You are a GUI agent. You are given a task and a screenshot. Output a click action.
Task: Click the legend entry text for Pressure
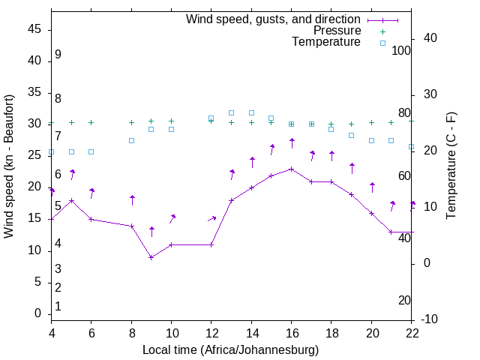337,31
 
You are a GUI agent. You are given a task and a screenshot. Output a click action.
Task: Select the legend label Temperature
326,42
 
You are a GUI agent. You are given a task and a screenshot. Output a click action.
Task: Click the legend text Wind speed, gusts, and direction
274,19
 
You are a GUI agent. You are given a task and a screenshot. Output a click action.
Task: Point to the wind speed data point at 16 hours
292,169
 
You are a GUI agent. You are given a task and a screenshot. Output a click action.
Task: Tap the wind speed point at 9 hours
151,257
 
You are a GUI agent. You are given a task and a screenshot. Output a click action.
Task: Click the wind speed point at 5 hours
72,200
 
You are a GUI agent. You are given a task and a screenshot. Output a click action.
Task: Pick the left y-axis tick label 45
35,29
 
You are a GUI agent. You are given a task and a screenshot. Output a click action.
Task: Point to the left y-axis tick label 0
38,313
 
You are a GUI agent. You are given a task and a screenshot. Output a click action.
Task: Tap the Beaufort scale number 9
58,55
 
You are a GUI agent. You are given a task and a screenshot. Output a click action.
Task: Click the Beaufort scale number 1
58,306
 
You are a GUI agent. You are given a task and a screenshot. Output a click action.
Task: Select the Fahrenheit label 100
401,50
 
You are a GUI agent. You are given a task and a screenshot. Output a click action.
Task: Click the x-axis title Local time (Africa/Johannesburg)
231,349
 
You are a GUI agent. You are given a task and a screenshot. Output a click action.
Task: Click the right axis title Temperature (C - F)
451,166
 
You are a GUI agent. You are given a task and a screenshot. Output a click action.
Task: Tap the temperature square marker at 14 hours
251,113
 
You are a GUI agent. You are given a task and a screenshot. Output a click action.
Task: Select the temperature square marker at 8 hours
131,140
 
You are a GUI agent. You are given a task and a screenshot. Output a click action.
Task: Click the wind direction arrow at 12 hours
212,219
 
